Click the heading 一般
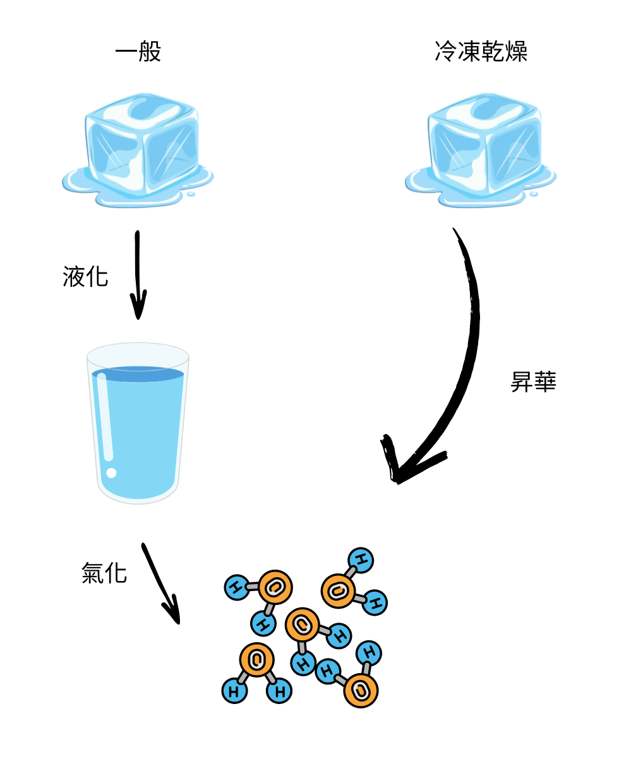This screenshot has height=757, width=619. click(138, 52)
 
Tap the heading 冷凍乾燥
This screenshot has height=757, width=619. click(481, 52)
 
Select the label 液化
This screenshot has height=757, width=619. click(85, 277)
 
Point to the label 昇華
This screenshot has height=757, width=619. click(533, 382)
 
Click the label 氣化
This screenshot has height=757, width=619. click(104, 573)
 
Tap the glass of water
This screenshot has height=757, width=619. click(138, 423)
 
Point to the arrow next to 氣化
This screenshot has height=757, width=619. click(160, 584)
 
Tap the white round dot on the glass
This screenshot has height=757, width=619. click(112, 472)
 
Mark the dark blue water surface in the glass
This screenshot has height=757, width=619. click(138, 373)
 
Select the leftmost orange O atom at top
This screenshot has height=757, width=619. click(275, 587)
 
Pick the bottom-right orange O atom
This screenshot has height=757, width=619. click(361, 690)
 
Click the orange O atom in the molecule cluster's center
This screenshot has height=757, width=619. click(302, 625)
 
